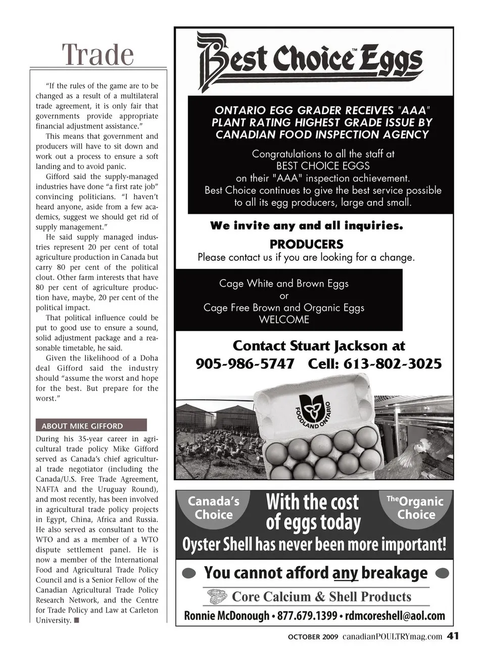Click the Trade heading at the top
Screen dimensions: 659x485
98,54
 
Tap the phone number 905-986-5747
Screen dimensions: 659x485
245,364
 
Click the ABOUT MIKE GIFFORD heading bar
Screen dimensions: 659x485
91,425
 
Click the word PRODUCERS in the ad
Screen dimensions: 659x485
306,244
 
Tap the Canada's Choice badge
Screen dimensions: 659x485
213,508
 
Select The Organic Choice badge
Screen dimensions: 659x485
415,508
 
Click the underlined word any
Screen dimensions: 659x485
345,573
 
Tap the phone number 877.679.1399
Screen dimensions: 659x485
307,616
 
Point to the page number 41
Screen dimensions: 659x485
453,636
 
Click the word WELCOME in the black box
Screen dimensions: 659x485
284,320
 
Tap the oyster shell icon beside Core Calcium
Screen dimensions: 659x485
217,597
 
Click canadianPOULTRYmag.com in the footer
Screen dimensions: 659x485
392,637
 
